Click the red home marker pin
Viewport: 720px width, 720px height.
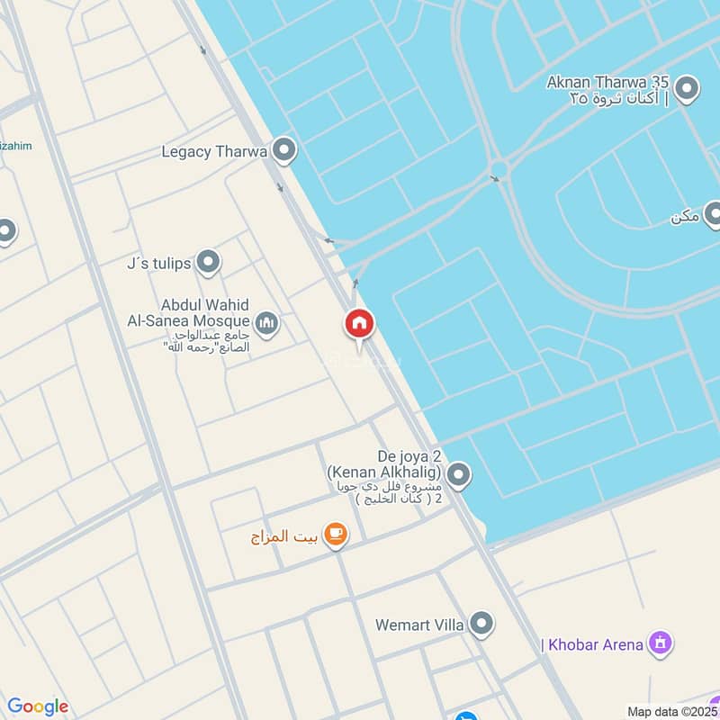coord(359,324)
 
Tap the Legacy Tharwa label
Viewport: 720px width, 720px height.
coord(214,151)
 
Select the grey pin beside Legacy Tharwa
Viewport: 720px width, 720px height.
coord(284,150)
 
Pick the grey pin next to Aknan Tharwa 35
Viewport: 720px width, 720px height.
coord(688,88)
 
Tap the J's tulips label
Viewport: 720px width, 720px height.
coord(158,264)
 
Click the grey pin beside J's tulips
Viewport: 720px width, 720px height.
coord(209,263)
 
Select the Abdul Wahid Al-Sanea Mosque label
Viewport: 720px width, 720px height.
coord(204,313)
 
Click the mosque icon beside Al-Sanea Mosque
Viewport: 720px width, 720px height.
coord(266,321)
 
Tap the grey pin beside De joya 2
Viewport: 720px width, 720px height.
coord(459,474)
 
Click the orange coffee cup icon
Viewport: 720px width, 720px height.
coord(336,535)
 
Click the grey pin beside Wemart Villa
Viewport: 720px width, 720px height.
coord(481,623)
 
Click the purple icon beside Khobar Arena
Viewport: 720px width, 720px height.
coord(661,643)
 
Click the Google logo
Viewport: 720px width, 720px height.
coord(37,706)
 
